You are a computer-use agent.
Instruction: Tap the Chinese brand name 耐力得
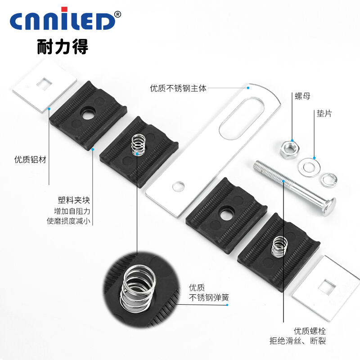click(63, 46)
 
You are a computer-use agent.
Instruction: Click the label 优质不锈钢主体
click(178, 89)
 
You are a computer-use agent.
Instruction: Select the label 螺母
click(302, 96)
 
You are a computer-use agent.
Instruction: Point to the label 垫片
click(324, 114)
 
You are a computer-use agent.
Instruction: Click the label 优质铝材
click(30, 159)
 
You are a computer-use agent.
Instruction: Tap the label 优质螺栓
click(310, 331)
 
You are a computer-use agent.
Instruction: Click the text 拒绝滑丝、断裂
click(310, 341)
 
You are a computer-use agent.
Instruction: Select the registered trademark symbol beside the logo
click(118, 14)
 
